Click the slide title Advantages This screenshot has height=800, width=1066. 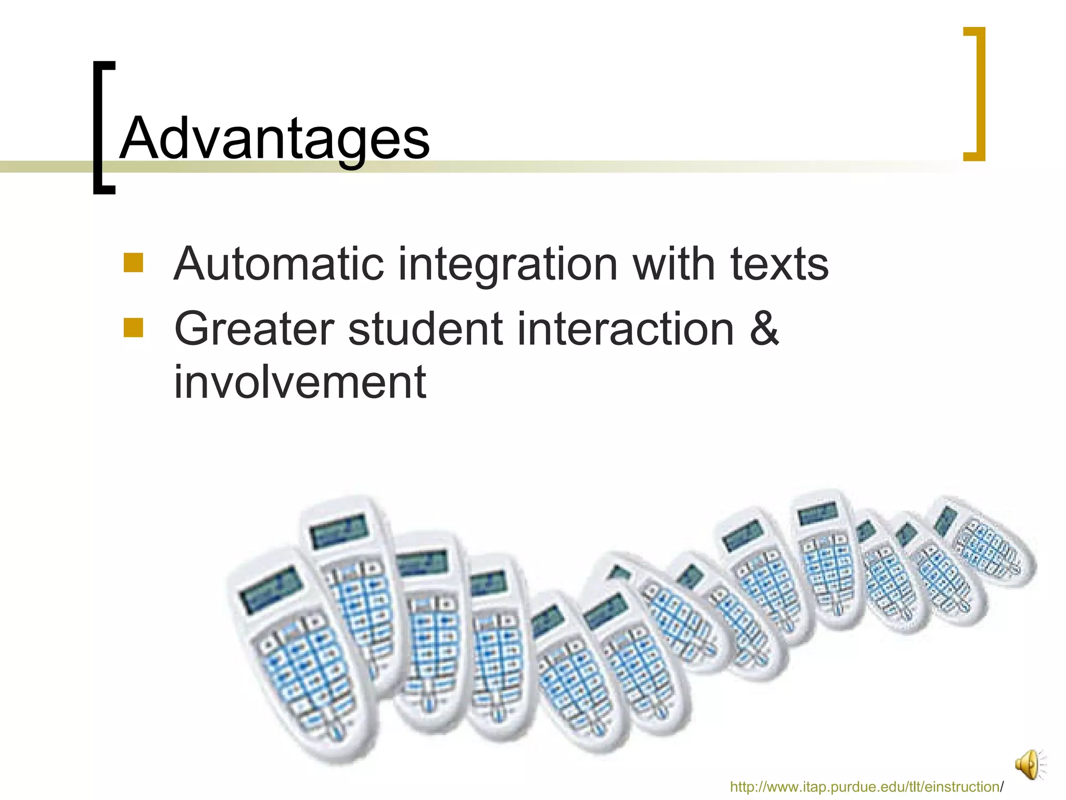point(274,139)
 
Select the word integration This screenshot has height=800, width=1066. point(508,265)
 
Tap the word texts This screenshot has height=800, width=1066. point(779,265)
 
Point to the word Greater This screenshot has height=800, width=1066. point(254,329)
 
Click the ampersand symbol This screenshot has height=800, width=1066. point(764,329)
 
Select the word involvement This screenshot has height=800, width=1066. point(300,382)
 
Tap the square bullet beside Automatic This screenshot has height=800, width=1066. point(133,262)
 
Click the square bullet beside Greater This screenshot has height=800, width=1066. point(133,328)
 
